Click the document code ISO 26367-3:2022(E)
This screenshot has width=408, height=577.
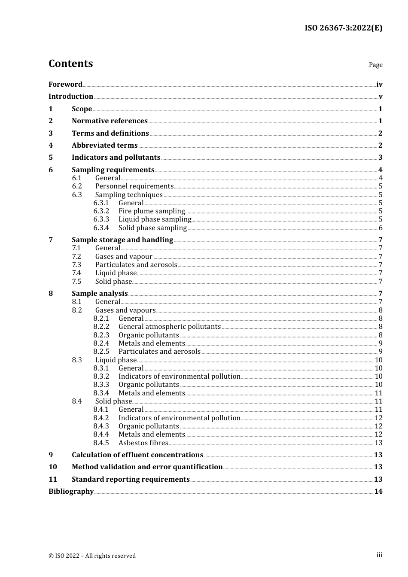[343, 28]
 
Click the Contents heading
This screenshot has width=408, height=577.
[70, 64]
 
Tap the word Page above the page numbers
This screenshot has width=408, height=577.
[375, 65]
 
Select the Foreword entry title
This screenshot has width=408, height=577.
[65, 84]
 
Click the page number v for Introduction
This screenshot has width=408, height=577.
[380, 97]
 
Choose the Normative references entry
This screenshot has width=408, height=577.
[110, 121]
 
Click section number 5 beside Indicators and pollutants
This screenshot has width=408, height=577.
[51, 158]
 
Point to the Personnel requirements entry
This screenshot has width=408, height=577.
[134, 186]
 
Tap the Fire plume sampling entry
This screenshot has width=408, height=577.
[151, 211]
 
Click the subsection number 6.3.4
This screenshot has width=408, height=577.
[101, 228]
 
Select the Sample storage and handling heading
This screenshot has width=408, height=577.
[122, 240]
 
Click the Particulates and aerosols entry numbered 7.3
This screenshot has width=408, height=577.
[136, 265]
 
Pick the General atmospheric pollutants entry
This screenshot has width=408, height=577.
[170, 327]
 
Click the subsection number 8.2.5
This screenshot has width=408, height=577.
[101, 352]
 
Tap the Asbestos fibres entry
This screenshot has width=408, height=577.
[143, 443]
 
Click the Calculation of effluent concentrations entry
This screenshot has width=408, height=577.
[137, 455]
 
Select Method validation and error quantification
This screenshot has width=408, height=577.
[147, 467]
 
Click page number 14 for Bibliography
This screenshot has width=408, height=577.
[378, 492]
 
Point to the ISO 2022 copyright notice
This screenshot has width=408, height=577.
[92, 556]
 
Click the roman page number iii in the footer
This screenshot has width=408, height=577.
[379, 555]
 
